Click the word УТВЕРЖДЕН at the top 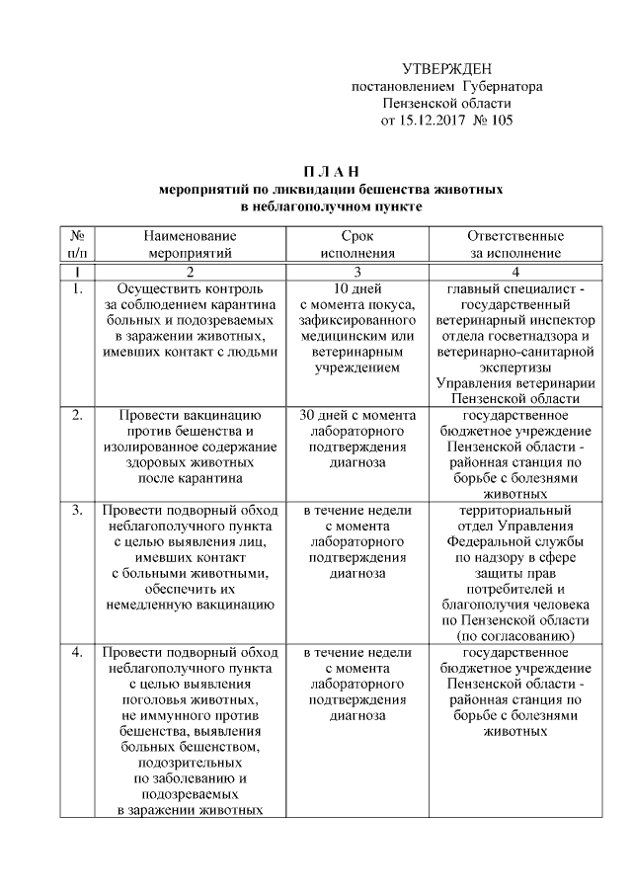pos(447,68)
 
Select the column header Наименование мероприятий pos(191,245)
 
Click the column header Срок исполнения pos(356,245)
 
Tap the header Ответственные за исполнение pos(516,245)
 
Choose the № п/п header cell pos(77,245)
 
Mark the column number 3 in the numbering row pos(356,271)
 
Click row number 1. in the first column pos(77,288)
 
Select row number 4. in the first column pos(77,653)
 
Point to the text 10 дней pos(356,288)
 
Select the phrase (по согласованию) pos(516,636)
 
